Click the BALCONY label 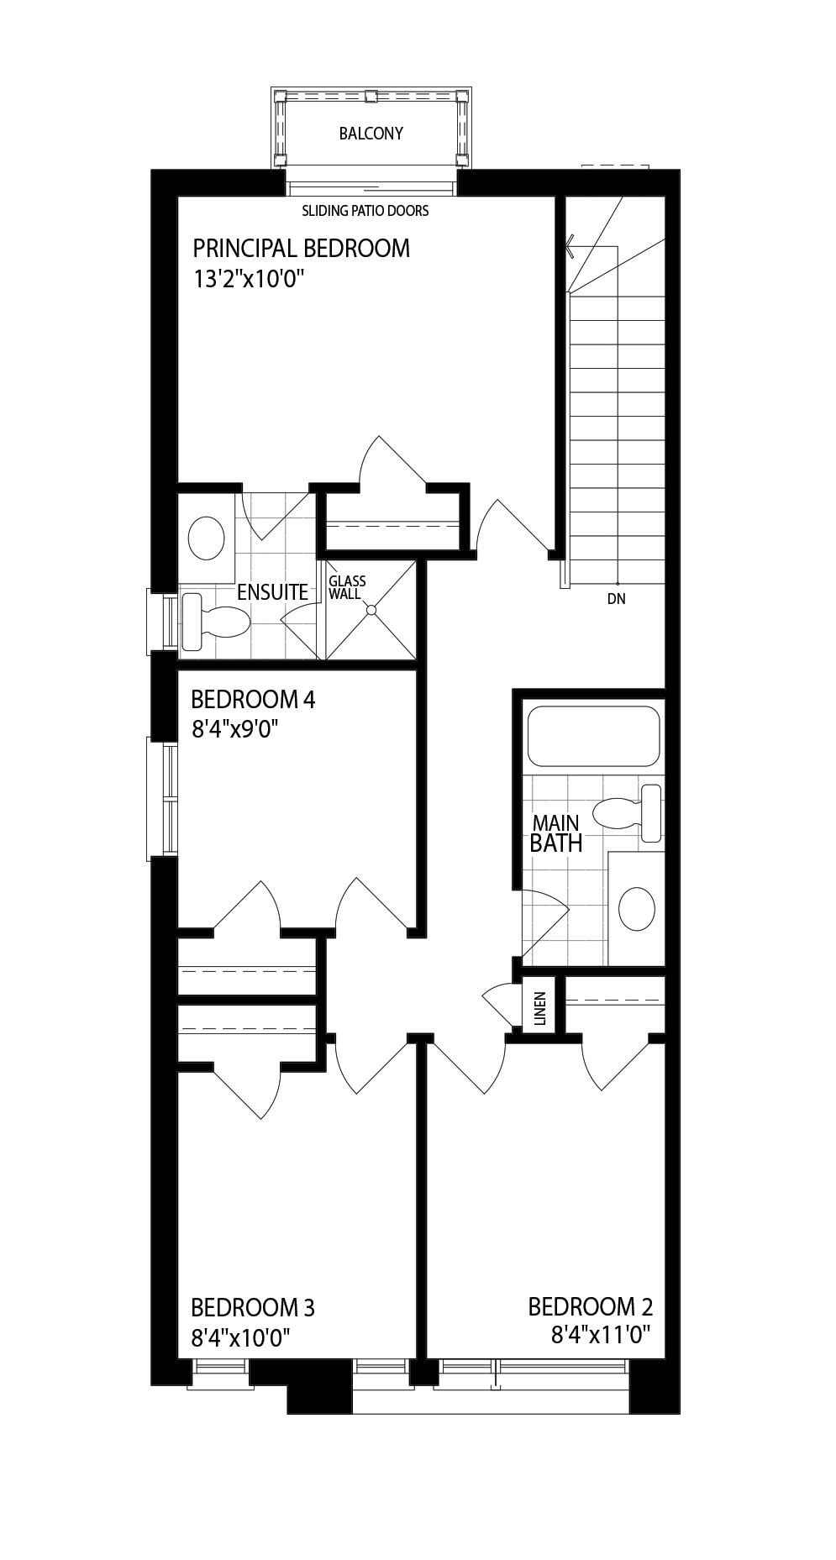[x=371, y=134]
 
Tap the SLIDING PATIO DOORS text [x=365, y=211]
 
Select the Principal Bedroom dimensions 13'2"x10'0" [x=247, y=279]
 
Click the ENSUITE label [x=272, y=592]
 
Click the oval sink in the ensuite [x=206, y=538]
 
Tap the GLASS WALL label [x=347, y=587]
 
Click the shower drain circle [x=371, y=610]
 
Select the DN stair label [x=616, y=600]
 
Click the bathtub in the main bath [x=593, y=736]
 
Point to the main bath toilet [x=627, y=813]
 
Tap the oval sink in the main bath [x=637, y=908]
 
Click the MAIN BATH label [x=556, y=833]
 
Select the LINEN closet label [x=540, y=1009]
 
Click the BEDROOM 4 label [x=253, y=700]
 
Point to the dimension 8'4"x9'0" [x=235, y=729]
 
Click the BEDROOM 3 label [x=253, y=1308]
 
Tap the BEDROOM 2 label [x=591, y=1307]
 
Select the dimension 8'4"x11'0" [x=602, y=1335]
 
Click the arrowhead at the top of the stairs [x=569, y=245]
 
